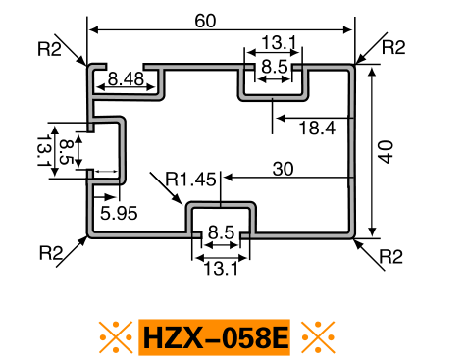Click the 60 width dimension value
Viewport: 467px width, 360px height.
pos(205,21)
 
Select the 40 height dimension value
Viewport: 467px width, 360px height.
pos(386,152)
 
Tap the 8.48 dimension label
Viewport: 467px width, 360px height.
pos(126,78)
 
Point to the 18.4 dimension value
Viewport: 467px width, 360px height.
pos(317,128)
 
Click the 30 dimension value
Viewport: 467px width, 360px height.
pos(283,169)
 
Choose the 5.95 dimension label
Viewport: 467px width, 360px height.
pos(119,214)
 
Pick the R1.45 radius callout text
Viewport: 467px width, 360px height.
pos(191,180)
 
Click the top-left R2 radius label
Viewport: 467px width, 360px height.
pos(49,49)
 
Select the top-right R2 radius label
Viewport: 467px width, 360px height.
pos(393,47)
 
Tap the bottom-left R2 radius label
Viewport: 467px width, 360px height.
pos(51,253)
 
